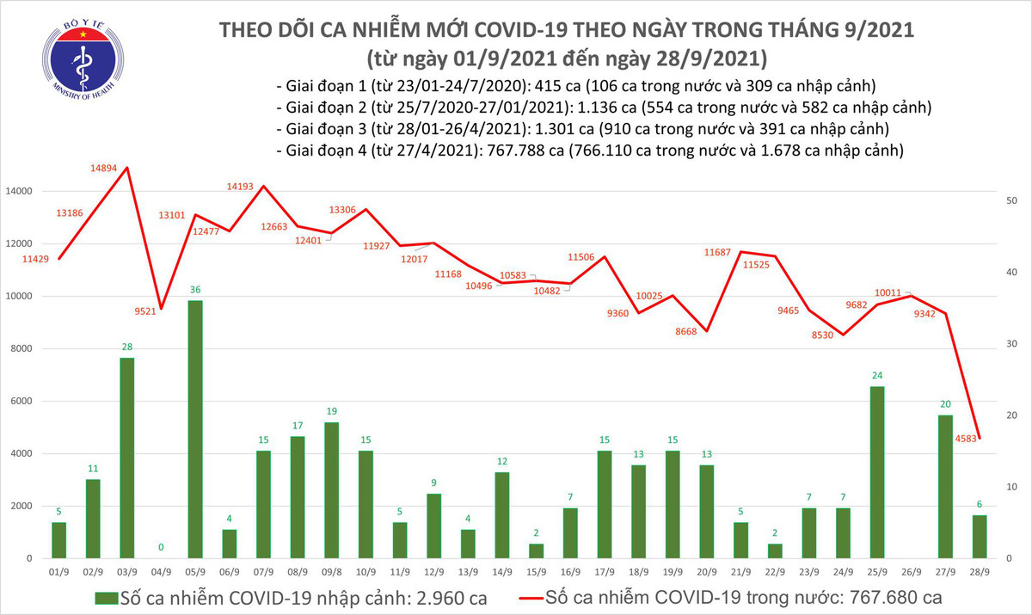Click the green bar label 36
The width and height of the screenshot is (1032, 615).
[195, 290]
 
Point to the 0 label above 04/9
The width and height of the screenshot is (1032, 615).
[161, 547]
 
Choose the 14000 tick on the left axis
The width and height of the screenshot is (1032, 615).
[19, 191]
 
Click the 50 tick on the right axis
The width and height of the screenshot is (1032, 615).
[1012, 200]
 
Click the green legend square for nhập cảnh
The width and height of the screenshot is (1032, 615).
[107, 596]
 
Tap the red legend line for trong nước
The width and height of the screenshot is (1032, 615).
[544, 596]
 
